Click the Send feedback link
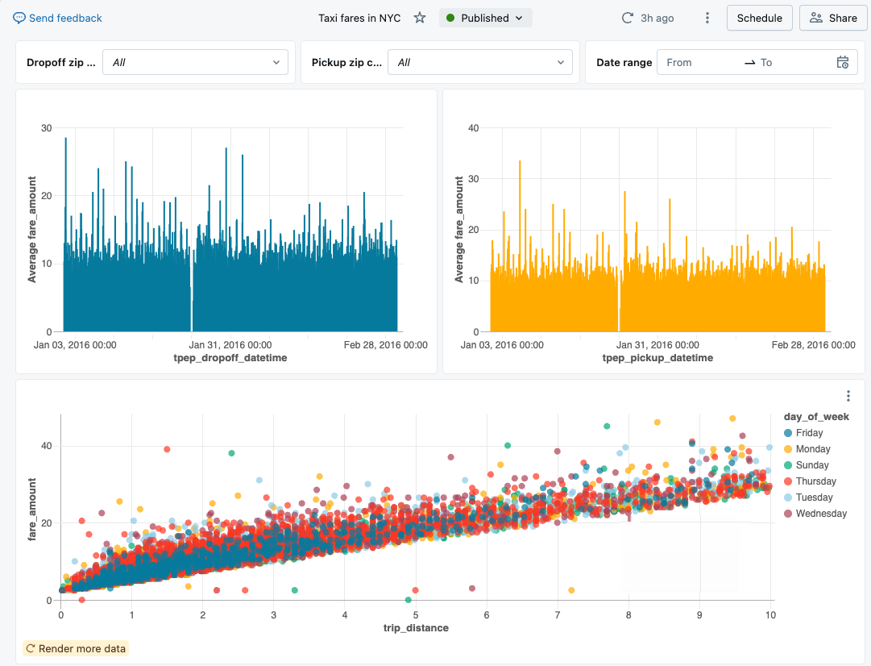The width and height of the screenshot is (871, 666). click(58, 18)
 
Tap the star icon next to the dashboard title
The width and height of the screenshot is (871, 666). click(420, 18)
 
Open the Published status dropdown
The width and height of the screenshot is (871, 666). click(485, 18)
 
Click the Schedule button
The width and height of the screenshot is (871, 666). click(759, 18)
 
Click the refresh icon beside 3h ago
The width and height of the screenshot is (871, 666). click(628, 18)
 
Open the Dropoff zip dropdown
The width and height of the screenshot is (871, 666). click(195, 62)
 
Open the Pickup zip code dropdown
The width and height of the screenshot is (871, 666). click(480, 62)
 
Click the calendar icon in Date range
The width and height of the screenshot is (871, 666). click(843, 62)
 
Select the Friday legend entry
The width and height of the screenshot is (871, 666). click(808, 433)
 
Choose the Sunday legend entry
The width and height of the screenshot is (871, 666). click(811, 465)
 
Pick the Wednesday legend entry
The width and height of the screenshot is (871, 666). click(820, 514)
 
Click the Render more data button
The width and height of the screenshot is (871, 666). click(76, 648)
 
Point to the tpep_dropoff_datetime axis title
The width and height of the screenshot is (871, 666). click(230, 358)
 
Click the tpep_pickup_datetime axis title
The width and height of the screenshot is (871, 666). click(657, 358)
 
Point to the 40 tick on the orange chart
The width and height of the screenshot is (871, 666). click(474, 128)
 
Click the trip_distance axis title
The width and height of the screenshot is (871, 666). click(417, 628)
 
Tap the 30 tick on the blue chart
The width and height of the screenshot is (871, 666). click(47, 128)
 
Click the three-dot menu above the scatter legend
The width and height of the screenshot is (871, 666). click(848, 395)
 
